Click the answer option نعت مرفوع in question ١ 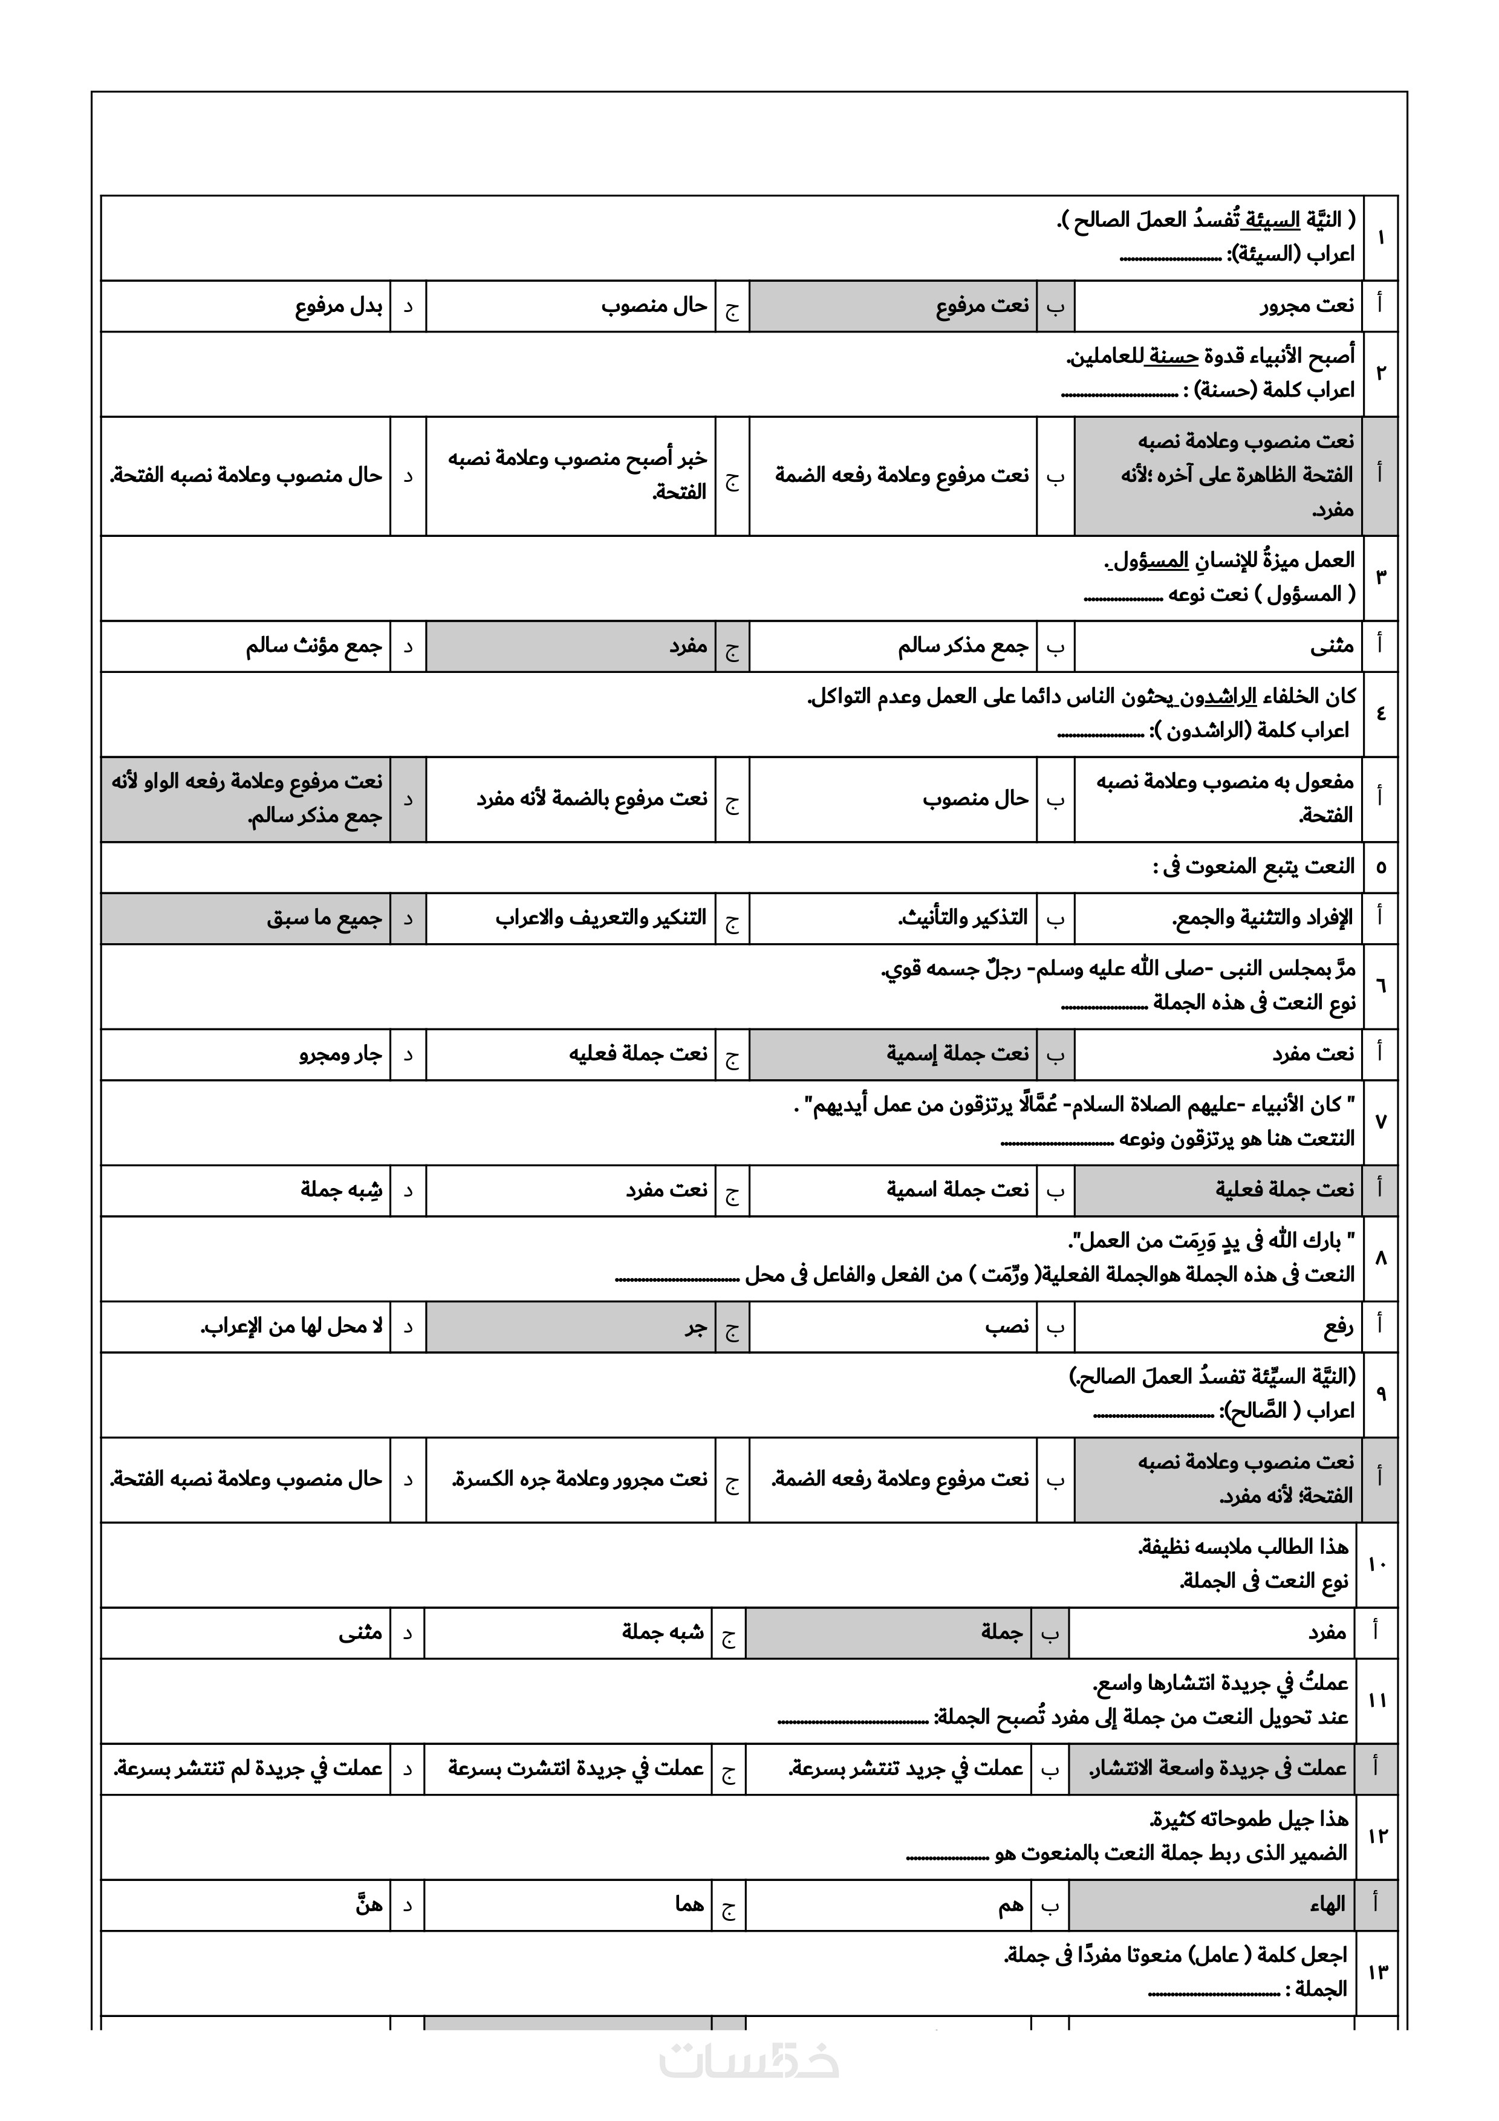pyautogui.click(x=982, y=306)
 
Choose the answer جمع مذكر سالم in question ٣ pyautogui.click(x=963, y=647)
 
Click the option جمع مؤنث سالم pyautogui.click(x=313, y=647)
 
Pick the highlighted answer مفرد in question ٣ pyautogui.click(x=688, y=647)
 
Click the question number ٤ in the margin pyautogui.click(x=1380, y=714)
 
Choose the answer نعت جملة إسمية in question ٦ pyautogui.click(x=958, y=1054)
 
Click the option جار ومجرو pyautogui.click(x=340, y=1054)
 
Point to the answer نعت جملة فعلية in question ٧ pyautogui.click(x=1284, y=1190)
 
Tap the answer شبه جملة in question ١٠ pyautogui.click(x=662, y=1632)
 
